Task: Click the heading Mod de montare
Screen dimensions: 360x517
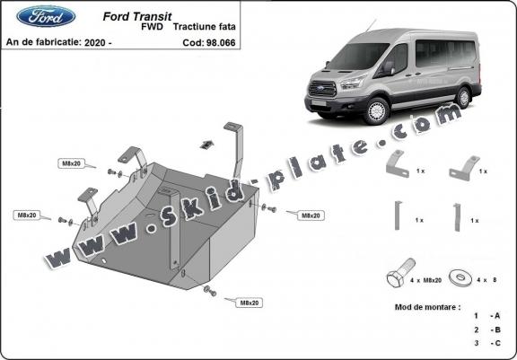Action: pos(426,306)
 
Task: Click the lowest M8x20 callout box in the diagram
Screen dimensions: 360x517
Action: pos(248,303)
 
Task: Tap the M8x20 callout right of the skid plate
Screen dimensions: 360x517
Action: pos(310,215)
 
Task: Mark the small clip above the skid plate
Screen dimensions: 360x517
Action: pos(206,144)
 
